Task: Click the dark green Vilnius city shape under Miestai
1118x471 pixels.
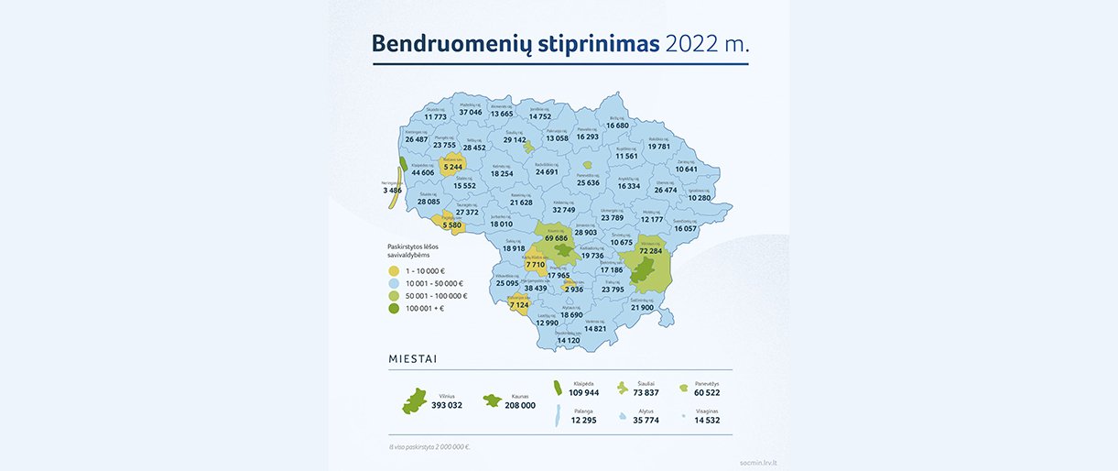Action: click(415, 400)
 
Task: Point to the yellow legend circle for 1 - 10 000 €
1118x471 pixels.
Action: click(393, 271)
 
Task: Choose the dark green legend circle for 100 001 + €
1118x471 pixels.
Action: click(393, 309)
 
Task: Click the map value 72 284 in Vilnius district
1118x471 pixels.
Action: click(650, 250)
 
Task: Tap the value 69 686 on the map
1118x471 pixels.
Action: click(556, 238)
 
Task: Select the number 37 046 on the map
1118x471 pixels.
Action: click(470, 113)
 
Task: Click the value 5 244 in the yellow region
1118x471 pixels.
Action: click(451, 167)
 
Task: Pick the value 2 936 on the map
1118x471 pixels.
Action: click(574, 289)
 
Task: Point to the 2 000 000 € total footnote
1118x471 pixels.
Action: click(429, 447)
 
